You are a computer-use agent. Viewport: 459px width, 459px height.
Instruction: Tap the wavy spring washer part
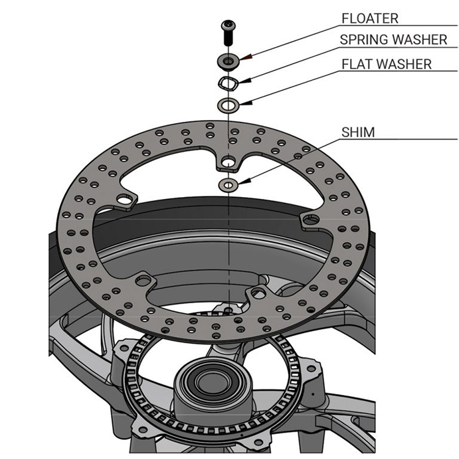click(228, 82)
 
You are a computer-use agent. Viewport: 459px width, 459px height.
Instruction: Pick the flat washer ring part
click(229, 105)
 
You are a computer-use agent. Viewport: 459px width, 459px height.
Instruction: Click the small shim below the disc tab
click(229, 183)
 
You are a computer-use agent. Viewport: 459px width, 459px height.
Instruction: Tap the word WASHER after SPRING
click(422, 40)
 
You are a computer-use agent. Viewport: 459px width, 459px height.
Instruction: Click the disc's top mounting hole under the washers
click(228, 163)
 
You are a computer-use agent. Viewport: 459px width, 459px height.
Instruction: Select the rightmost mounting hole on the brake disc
click(308, 219)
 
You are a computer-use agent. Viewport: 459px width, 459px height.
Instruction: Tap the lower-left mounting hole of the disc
click(146, 280)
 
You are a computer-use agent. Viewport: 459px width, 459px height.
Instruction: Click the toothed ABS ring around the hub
click(147, 392)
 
